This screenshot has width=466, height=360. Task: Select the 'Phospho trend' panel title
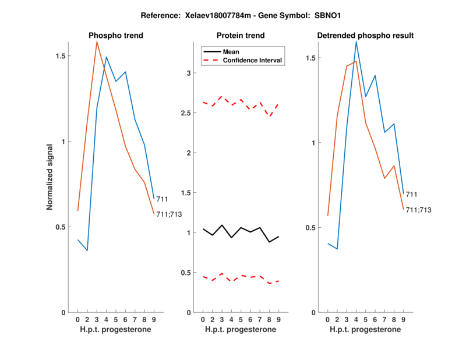[x=116, y=36]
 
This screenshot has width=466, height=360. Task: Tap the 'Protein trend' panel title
[x=241, y=36]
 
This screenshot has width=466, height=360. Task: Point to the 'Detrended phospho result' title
[x=365, y=36]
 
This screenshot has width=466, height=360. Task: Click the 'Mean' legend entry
[x=231, y=52]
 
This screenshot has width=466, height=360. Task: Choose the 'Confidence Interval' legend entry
[x=253, y=60]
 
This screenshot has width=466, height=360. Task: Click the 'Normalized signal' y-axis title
[x=51, y=177]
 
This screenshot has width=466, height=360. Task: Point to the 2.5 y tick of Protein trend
[x=186, y=113]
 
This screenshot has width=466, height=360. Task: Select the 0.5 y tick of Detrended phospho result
[x=311, y=228]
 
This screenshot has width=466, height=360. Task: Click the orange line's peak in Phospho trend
[x=97, y=41]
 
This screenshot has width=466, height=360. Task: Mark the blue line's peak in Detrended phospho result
[x=356, y=41]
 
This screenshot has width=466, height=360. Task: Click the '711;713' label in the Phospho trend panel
[x=170, y=214]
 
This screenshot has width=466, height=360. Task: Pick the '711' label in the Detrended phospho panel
[x=412, y=194]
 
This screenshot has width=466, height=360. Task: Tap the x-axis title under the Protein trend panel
[x=241, y=330]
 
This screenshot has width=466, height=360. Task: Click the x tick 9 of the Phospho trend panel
[x=154, y=320]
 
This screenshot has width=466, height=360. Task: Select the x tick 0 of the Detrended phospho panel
[x=328, y=320]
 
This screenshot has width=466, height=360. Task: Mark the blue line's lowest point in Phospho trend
[x=87, y=250]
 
